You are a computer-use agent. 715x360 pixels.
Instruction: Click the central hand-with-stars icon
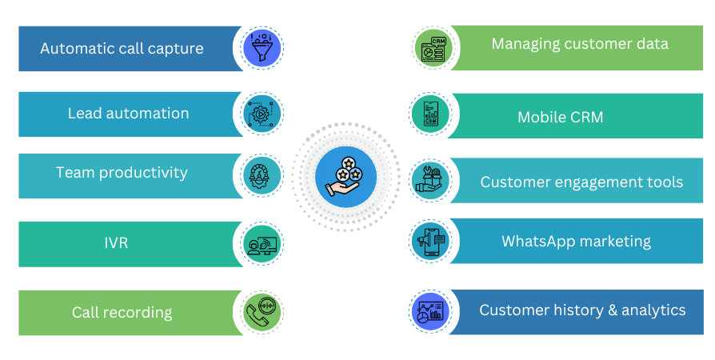[346, 177]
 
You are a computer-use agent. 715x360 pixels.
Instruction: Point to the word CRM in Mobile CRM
[586, 118]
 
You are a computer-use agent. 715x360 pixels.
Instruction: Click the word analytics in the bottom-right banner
[653, 310]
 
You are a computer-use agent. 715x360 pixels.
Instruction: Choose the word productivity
[144, 173]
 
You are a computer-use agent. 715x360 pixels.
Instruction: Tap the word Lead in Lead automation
[84, 114]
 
